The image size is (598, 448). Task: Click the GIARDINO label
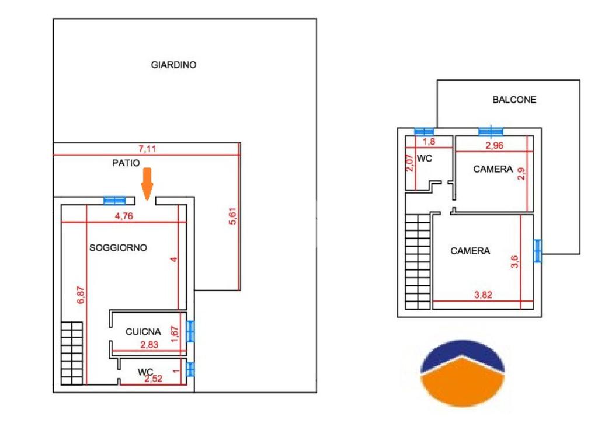tap(173, 65)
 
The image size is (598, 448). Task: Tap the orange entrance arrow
tap(147, 184)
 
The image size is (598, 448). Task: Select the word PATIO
tap(126, 163)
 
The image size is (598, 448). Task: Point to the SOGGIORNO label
tap(118, 247)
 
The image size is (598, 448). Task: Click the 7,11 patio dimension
tap(147, 149)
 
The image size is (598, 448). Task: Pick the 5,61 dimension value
tap(232, 216)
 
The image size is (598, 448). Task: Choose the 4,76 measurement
tap(124, 216)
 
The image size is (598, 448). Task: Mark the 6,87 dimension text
tap(81, 295)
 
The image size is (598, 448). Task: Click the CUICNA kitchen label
tap(144, 332)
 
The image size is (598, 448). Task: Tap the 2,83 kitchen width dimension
tap(149, 345)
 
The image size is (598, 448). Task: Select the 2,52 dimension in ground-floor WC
tap(154, 378)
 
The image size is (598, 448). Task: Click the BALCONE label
tap(514, 100)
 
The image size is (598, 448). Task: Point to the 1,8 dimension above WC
tap(429, 142)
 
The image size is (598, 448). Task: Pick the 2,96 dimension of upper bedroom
tap(494, 145)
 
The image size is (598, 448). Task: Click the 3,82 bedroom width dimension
tap(483, 295)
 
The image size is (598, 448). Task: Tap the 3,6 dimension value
tap(514, 262)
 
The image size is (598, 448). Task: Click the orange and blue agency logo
tap(463, 373)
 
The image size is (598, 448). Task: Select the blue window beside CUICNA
tap(190, 331)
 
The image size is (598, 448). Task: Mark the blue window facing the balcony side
tap(537, 251)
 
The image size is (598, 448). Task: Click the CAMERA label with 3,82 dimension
tap(470, 251)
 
